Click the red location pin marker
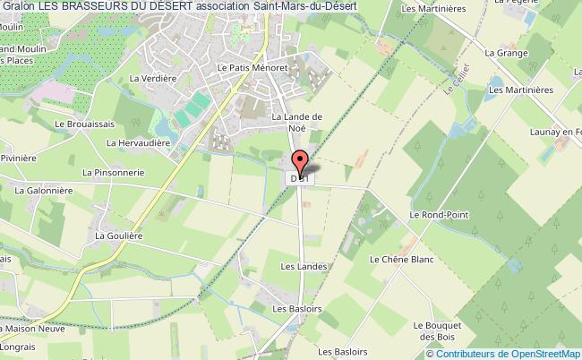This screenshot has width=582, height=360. pyautogui.click(x=301, y=162)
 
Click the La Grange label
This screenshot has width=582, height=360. pyautogui.click(x=503, y=53)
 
